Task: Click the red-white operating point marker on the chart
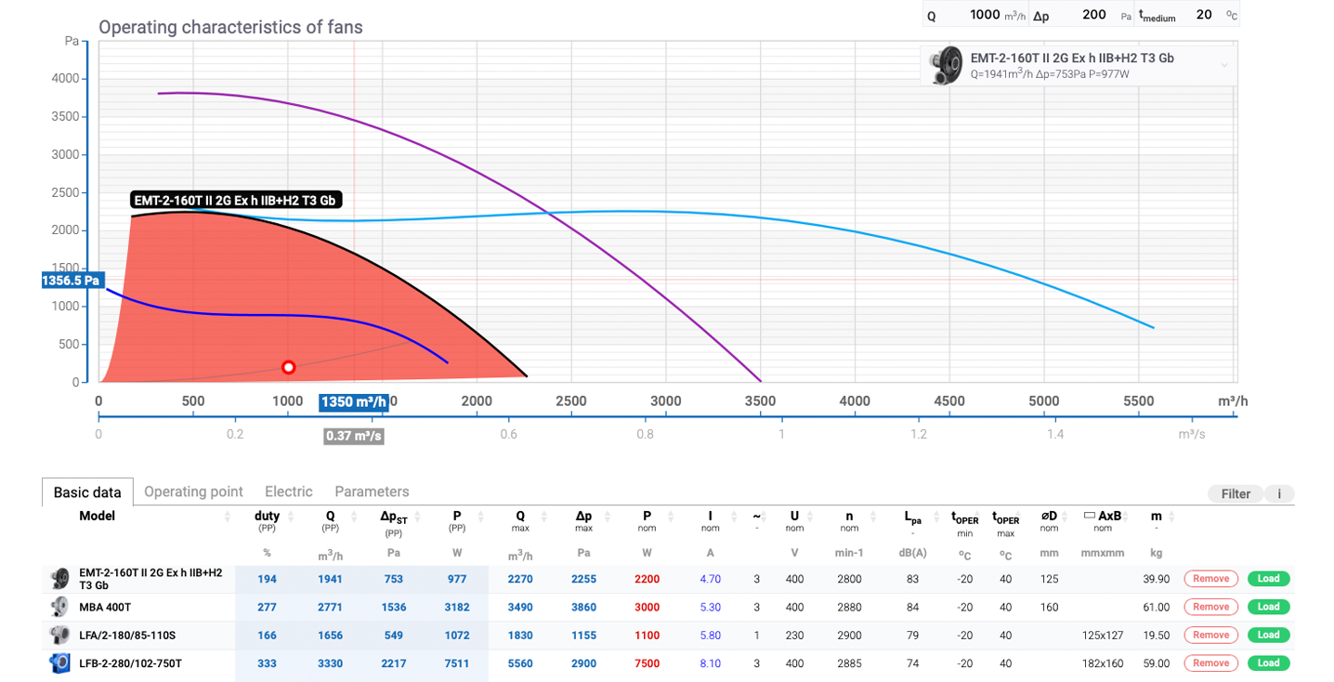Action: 288,368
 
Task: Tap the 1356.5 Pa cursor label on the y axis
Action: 72,281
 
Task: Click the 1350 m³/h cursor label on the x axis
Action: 354,402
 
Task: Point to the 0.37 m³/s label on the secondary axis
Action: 354,436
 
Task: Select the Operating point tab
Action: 193,492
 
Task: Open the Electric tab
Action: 289,492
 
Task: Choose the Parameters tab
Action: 372,492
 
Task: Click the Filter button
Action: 1236,493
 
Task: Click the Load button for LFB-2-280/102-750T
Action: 1268,662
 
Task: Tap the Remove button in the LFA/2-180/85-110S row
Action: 1210,635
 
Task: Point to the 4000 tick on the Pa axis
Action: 65,79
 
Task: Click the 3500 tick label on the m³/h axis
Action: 760,401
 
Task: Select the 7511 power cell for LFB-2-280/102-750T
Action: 457,663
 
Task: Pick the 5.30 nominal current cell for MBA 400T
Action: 710,607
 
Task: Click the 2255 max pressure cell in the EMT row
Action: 583,579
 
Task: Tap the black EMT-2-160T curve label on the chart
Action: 236,200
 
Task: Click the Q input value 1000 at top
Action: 985,14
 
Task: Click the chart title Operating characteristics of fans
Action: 230,27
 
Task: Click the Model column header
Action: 97,516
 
